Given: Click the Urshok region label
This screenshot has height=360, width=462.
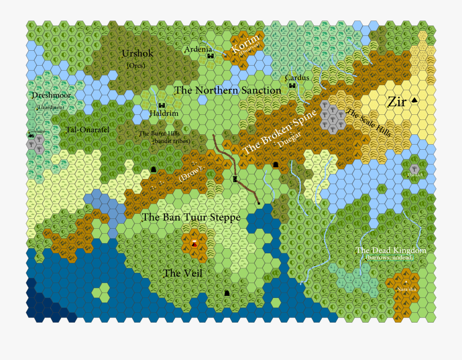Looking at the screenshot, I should click(138, 54).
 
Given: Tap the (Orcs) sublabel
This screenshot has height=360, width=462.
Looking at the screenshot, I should click(136, 66).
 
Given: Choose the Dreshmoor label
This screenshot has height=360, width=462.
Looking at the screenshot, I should click(51, 95).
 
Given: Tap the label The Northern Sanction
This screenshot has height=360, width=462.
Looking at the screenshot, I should click(228, 91).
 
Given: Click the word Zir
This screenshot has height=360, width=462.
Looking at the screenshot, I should click(397, 102).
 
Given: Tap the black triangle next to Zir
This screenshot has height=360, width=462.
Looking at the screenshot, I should click(415, 102).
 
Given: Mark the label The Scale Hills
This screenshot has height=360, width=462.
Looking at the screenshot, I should click(369, 123).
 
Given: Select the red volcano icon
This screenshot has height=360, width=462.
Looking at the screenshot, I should click(194, 243).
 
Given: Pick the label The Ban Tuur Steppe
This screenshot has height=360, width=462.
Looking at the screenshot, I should click(191, 217).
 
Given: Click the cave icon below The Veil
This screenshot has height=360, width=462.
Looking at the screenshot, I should click(227, 293).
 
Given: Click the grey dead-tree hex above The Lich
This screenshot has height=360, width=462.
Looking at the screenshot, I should click(414, 168).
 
